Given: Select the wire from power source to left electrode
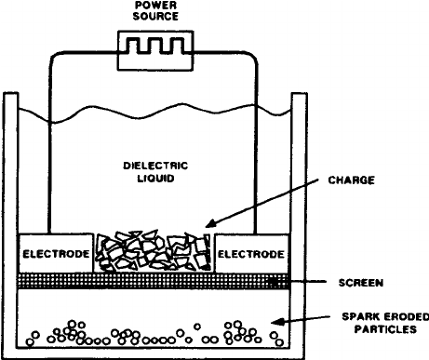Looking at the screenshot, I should pos(47,140).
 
